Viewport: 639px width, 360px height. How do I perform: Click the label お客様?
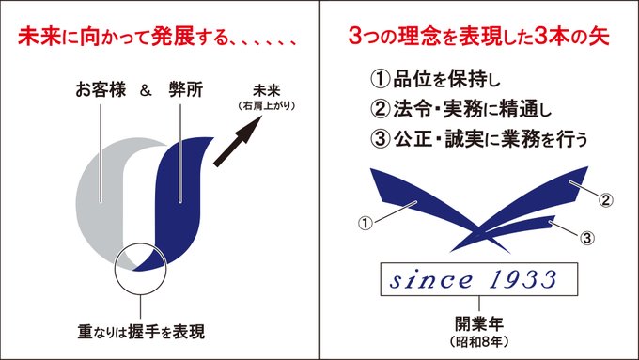[101, 89]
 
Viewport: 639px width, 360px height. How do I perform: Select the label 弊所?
[186, 89]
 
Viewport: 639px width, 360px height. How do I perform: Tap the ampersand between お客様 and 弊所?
[146, 90]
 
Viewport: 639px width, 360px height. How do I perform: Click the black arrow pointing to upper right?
[238, 141]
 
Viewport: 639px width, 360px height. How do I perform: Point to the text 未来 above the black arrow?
[267, 90]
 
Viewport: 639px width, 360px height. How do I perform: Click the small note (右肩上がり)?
[267, 105]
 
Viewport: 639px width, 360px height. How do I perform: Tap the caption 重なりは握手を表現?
[141, 332]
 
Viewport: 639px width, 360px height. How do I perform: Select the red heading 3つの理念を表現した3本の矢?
[479, 37]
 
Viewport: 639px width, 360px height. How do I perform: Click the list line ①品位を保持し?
[434, 79]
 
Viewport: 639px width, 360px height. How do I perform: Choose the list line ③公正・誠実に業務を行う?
[479, 138]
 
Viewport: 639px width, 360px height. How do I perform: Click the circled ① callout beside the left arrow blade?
[366, 223]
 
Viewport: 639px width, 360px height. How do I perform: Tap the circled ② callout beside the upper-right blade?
[605, 200]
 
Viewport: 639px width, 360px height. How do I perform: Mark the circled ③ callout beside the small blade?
[586, 238]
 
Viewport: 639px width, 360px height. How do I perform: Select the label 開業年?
[479, 324]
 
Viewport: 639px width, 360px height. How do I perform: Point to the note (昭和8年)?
[479, 341]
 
